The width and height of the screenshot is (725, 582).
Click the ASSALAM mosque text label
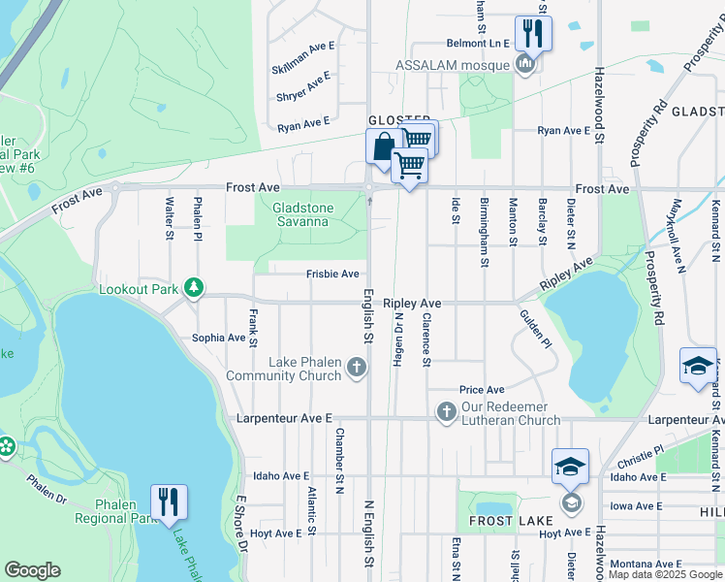pyautogui.click(x=453, y=65)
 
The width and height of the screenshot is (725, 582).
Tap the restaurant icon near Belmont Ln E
pyautogui.click(x=532, y=33)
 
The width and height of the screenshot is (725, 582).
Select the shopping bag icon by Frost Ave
pyautogui.click(x=383, y=146)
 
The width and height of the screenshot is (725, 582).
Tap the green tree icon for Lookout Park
pyautogui.click(x=195, y=288)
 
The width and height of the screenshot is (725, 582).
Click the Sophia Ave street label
pyautogui.click(x=218, y=338)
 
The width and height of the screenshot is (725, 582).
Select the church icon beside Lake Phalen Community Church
pyautogui.click(x=357, y=368)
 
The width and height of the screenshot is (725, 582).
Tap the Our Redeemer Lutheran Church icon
pyautogui.click(x=446, y=412)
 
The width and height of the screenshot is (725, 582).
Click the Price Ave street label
pyautogui.click(x=482, y=389)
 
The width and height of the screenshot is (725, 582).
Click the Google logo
pyautogui.click(x=32, y=570)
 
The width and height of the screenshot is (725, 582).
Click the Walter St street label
pyautogui.click(x=170, y=214)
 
